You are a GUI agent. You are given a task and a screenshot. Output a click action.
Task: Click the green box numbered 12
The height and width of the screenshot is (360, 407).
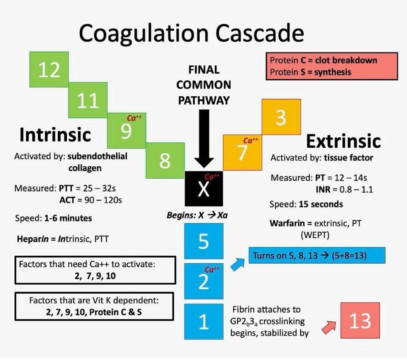(50, 70)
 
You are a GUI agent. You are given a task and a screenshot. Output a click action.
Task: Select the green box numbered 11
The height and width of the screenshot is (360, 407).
(88, 100)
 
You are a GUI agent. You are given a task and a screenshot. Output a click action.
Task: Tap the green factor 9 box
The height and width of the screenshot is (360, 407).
(127, 131)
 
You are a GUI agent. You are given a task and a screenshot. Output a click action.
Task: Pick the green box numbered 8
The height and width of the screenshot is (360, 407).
(165, 161)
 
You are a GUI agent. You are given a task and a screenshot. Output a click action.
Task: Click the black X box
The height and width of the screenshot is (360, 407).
(203, 189)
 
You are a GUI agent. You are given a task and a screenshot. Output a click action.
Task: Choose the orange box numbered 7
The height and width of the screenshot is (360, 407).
(243, 152)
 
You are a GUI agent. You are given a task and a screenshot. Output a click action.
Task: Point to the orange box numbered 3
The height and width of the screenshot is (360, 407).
(281, 117)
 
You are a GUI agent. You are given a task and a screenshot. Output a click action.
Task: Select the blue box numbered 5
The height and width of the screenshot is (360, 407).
(203, 241)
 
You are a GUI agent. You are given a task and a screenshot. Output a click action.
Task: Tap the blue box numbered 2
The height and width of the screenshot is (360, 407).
(203, 281)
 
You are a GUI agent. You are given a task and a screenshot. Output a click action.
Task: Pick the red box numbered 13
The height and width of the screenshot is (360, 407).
(360, 321)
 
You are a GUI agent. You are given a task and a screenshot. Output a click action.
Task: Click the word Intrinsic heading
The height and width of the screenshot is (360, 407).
(55, 135)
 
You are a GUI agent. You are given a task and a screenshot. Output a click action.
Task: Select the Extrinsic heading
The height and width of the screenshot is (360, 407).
(343, 142)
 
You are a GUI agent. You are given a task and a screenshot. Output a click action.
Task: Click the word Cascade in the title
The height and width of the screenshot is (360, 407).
(260, 34)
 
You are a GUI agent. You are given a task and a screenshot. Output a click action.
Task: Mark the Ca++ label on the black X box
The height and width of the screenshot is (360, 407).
(212, 177)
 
